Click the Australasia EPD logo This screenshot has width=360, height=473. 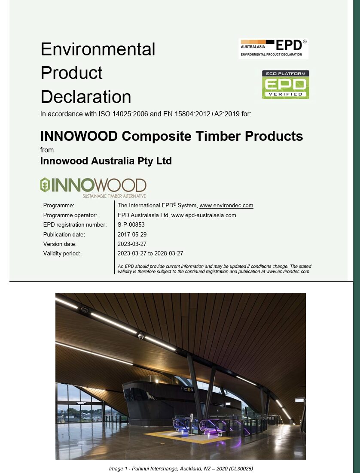(273, 48)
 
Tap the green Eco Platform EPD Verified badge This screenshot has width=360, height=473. (285, 85)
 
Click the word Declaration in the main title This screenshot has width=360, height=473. (86, 97)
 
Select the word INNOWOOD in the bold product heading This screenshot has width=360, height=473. (79, 136)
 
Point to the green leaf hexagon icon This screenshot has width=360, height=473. (45, 185)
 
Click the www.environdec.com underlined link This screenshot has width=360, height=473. (226, 206)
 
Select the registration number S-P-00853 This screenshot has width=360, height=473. (131, 225)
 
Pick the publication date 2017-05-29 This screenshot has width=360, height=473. (132, 234)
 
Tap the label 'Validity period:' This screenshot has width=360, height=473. (61, 253)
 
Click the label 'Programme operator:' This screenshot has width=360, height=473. (70, 215)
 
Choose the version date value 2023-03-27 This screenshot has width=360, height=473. (132, 244)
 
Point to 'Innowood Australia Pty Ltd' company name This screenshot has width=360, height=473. (106, 161)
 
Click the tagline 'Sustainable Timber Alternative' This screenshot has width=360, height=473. (114, 196)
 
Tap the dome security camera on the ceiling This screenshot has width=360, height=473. (141, 336)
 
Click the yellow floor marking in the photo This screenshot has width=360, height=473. (188, 437)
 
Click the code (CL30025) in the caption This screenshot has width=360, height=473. (241, 469)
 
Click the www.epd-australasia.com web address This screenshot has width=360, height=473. (204, 215)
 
